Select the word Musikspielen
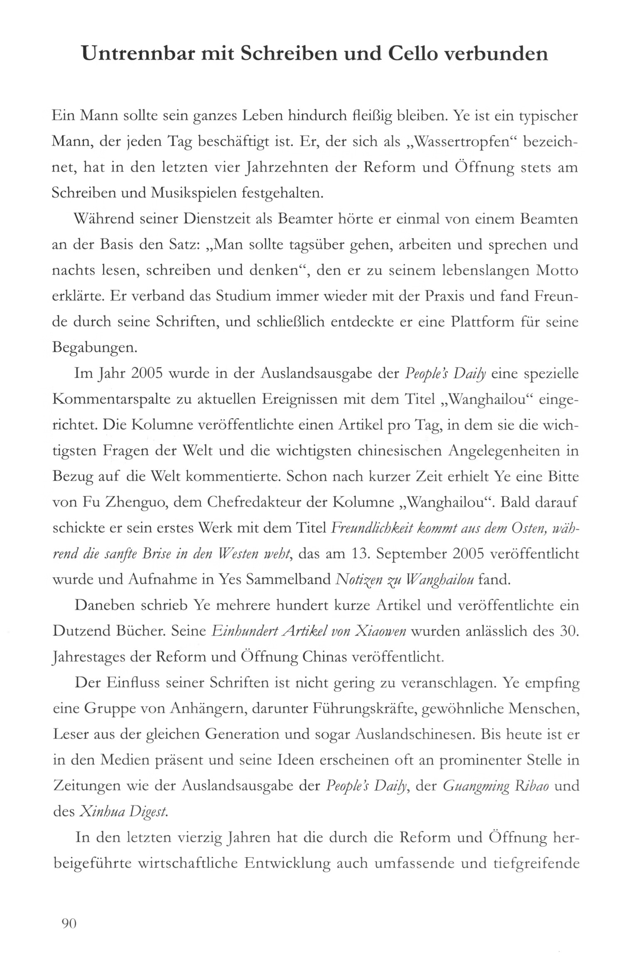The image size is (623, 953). [191, 194]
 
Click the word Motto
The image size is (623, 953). [557, 271]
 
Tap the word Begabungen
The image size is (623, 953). [95, 348]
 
